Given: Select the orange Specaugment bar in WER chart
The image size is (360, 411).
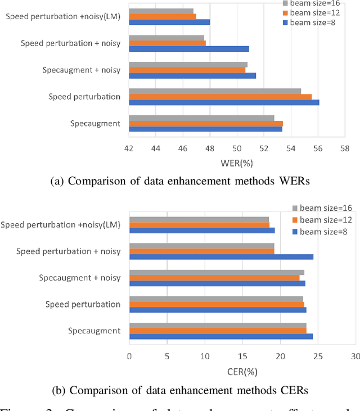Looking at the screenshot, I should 206,123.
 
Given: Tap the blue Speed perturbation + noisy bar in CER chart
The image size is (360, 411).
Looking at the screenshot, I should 221,257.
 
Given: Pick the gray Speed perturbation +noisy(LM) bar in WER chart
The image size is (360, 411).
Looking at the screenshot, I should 161,11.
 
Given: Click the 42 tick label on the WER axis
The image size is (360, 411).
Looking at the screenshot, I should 129,148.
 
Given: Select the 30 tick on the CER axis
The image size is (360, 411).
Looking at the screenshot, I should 355,356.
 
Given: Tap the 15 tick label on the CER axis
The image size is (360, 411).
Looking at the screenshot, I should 242,356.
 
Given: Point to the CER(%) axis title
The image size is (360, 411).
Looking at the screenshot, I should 242,371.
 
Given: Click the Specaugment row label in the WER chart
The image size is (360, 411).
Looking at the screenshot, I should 95,123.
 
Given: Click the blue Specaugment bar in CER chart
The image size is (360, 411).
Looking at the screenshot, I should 221,336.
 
